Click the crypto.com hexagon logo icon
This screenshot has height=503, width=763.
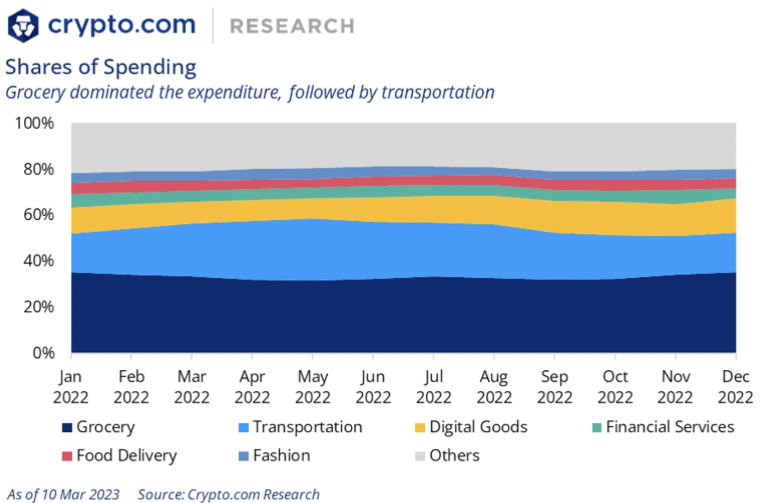point(23,25)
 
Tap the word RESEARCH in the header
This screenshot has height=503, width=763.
point(292,26)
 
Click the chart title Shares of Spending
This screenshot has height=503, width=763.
point(101,67)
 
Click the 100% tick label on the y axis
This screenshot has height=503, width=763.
point(34,123)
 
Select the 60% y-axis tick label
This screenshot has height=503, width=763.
point(38,215)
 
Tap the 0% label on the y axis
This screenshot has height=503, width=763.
point(43,353)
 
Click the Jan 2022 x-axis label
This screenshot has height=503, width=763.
point(71,387)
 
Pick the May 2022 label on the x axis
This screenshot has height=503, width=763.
point(312,387)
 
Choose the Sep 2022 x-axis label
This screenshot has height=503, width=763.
point(555,387)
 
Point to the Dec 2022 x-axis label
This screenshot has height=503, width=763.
point(735,387)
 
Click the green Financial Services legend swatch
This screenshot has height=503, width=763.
point(597,427)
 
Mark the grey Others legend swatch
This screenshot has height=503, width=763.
point(420,456)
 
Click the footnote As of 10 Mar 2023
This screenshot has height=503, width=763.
point(63,495)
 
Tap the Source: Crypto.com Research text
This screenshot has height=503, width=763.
point(228,495)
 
